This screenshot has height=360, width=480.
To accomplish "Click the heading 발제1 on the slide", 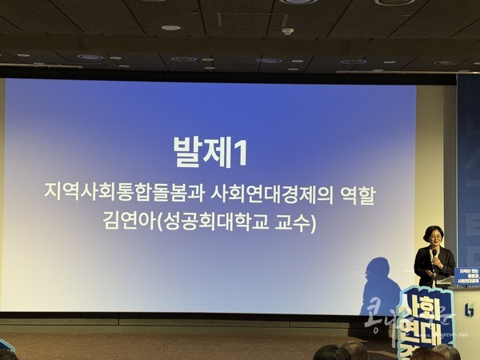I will click(210, 152).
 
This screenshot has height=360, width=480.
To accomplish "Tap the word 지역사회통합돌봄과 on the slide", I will click(121, 194).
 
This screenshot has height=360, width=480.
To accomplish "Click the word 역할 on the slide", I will click(357, 194).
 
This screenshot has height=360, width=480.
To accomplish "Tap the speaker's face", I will click(433, 238).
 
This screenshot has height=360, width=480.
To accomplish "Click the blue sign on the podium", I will click(466, 277).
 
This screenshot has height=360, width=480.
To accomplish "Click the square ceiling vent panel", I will click(241, 19).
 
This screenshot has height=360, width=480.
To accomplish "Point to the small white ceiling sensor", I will click(287, 31).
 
